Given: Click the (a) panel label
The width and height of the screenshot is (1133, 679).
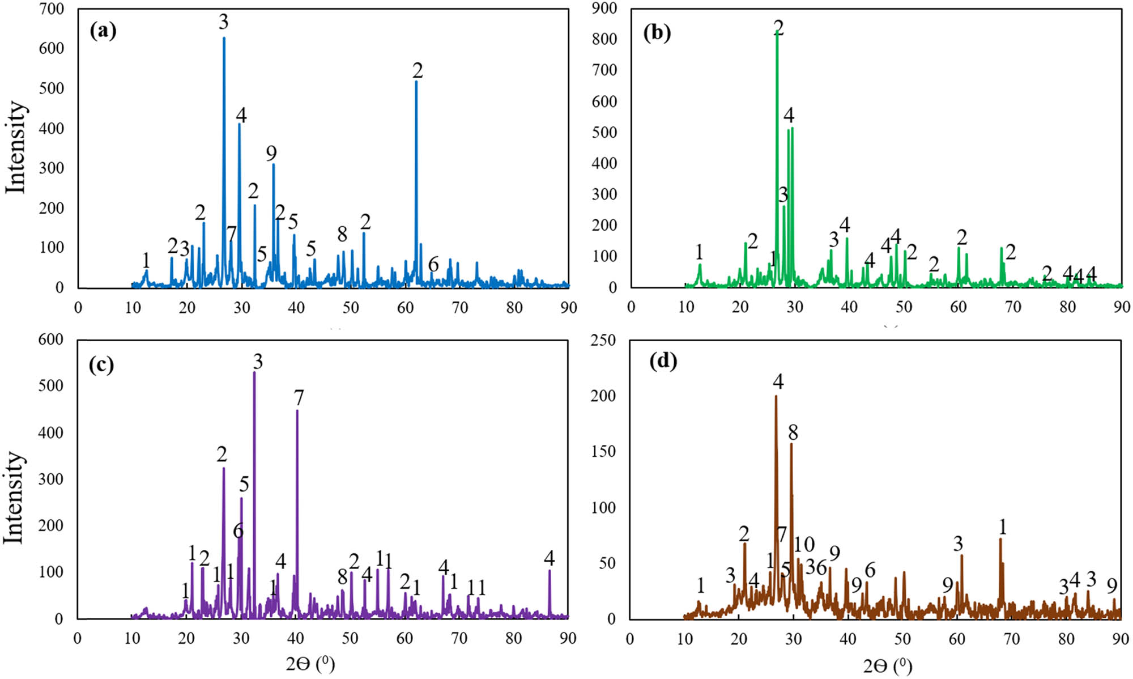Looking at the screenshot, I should (x=103, y=31).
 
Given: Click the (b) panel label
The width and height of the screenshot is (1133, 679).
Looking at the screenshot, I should (x=657, y=32).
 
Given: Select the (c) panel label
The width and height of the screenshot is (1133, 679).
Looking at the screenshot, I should (x=101, y=364).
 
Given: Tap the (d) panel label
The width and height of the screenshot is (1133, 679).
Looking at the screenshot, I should (x=663, y=360).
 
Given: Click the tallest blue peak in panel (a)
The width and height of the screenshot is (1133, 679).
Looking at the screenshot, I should (x=224, y=39).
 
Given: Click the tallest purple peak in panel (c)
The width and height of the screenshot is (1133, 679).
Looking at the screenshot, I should (x=254, y=373).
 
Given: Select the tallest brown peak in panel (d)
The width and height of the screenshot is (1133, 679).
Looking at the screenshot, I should (x=776, y=397).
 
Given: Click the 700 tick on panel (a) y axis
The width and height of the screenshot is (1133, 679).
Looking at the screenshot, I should (x=52, y=9).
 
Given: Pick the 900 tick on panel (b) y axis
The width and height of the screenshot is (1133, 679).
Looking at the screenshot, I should (x=604, y=8).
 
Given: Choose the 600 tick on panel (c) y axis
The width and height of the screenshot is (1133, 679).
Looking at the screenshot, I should (x=50, y=339).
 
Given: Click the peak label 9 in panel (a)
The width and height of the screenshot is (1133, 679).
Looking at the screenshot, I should (x=271, y=153).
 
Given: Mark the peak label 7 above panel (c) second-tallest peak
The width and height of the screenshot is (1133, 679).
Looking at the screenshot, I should (x=299, y=398).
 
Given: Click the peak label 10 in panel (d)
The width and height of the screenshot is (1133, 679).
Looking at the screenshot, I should (x=804, y=545).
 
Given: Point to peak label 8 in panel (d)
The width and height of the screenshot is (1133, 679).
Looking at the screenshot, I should (x=793, y=432).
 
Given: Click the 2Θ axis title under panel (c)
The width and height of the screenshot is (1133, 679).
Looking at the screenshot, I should (x=310, y=664).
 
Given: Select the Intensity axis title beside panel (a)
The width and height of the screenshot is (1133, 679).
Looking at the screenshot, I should (x=15, y=147).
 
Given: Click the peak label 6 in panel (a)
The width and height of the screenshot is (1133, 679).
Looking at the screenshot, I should (x=433, y=264).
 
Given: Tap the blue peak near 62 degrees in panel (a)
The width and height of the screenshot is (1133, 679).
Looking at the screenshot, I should (x=416, y=82).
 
